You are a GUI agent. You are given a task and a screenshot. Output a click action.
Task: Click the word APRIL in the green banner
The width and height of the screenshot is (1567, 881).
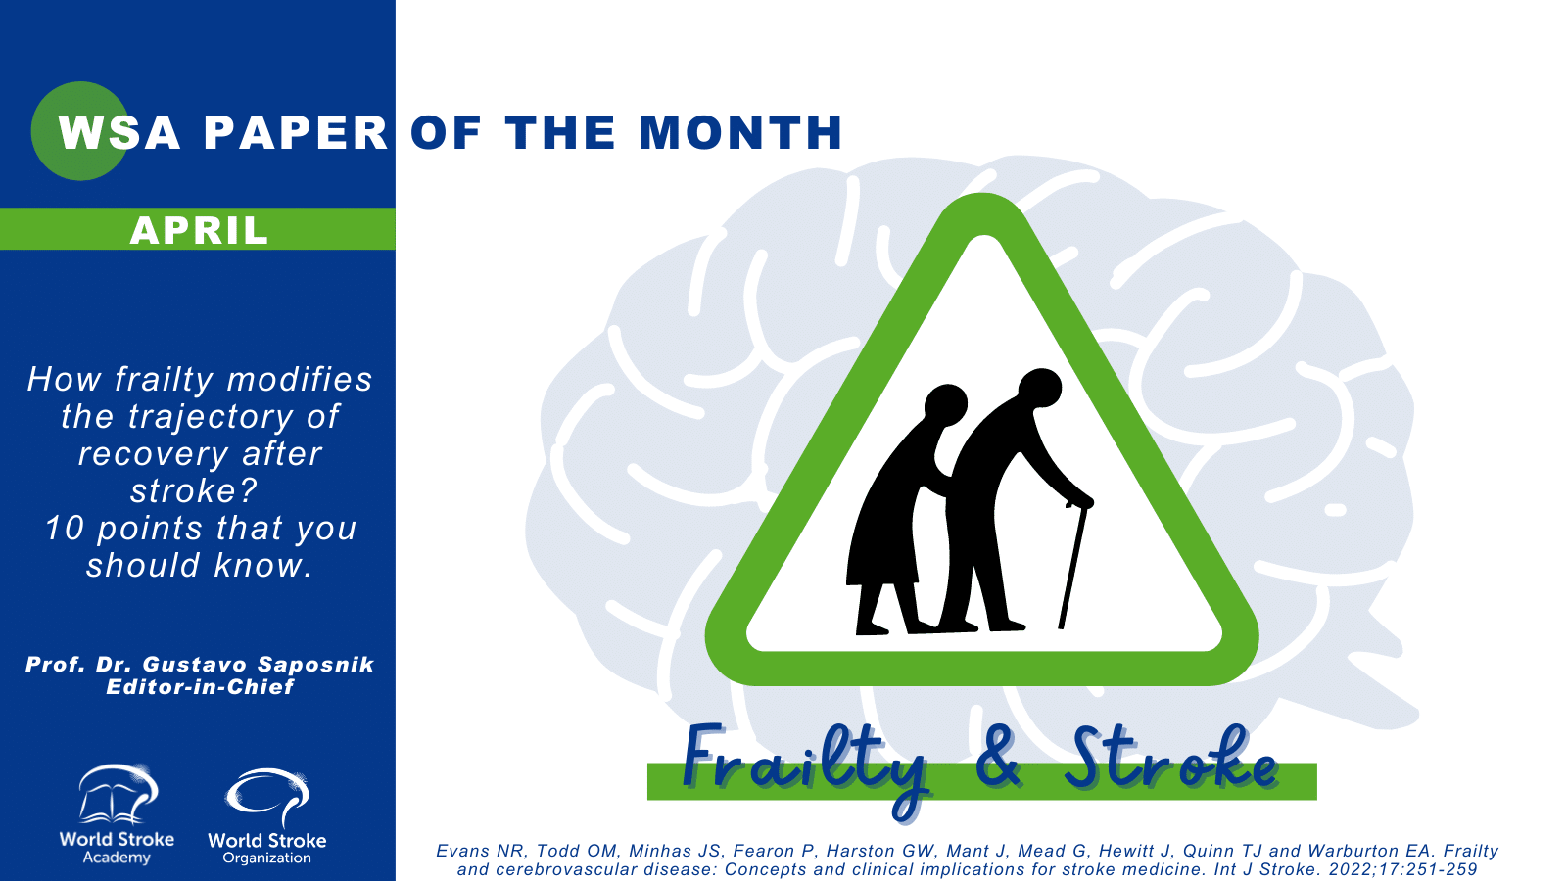click(x=200, y=230)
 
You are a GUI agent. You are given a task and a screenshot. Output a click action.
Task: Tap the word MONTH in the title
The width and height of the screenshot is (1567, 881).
click(x=740, y=132)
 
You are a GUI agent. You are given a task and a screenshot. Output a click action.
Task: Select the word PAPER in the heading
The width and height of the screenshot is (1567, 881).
click(x=296, y=132)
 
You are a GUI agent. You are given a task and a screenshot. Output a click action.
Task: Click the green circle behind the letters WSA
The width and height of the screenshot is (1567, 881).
click(x=79, y=131)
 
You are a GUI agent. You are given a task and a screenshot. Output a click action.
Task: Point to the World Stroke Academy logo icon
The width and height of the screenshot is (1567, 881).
click(x=118, y=794)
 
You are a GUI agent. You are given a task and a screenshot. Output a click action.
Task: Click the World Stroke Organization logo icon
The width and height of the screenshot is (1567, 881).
click(x=267, y=798)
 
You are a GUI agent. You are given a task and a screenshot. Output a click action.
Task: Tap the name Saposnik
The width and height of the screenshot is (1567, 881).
click(x=315, y=665)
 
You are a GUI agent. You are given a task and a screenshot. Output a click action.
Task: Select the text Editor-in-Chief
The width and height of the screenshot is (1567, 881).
click(x=200, y=686)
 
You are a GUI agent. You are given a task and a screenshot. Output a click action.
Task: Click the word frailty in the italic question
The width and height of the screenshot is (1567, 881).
click(x=165, y=381)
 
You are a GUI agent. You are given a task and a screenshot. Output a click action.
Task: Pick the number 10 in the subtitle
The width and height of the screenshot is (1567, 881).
click(x=65, y=529)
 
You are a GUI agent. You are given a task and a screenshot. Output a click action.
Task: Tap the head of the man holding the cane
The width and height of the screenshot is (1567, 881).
click(x=1039, y=388)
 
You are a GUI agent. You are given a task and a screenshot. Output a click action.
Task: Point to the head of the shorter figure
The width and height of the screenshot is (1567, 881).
click(x=946, y=405)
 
